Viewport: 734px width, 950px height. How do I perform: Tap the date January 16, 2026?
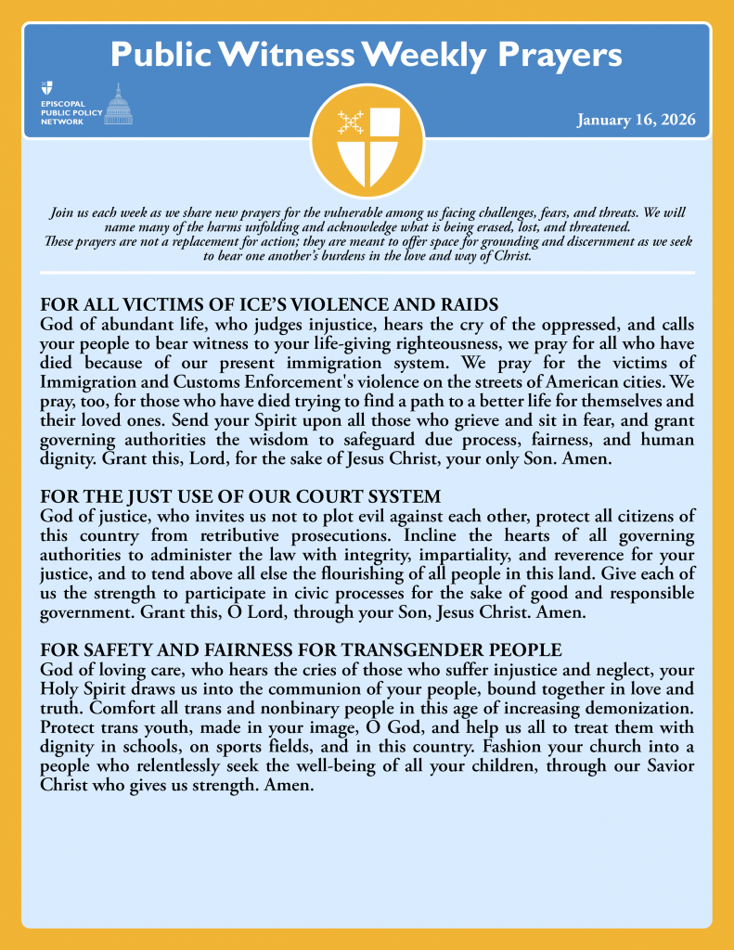[637, 120]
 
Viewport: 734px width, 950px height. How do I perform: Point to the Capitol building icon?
[117, 104]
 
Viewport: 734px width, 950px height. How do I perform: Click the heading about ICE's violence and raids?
[270, 304]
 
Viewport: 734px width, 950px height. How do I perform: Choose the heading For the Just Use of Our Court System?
[240, 496]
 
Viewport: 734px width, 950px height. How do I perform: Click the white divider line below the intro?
[367, 273]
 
